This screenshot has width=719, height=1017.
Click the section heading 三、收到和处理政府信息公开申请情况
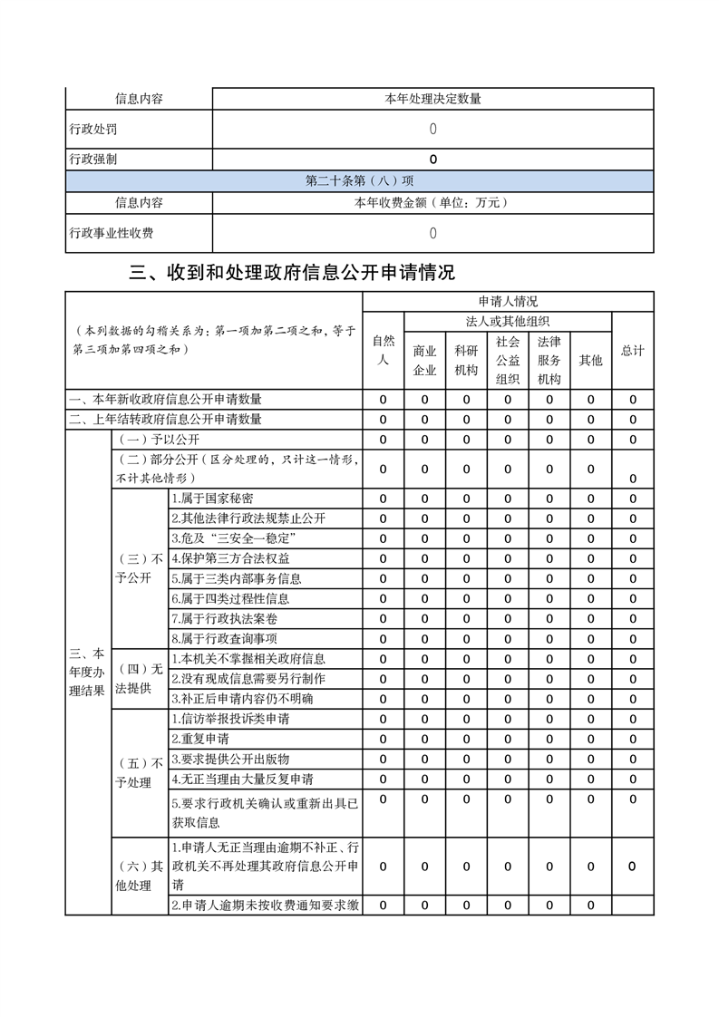(293, 272)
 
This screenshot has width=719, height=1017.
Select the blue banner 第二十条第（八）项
(359, 180)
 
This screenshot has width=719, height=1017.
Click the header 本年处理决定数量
(432, 99)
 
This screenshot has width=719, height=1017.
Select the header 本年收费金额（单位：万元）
(432, 202)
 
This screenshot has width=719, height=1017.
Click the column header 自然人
(384, 350)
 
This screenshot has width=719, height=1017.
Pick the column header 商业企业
(424, 360)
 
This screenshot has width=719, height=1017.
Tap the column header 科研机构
(466, 360)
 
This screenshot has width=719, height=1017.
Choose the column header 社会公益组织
(508, 360)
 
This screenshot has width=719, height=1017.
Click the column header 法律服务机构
(549, 360)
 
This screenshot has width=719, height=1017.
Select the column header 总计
(633, 350)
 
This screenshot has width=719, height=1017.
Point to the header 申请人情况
(508, 302)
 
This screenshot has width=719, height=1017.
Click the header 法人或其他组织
(508, 321)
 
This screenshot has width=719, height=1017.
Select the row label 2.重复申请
(200, 739)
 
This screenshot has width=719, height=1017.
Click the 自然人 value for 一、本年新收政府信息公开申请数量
(384, 400)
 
